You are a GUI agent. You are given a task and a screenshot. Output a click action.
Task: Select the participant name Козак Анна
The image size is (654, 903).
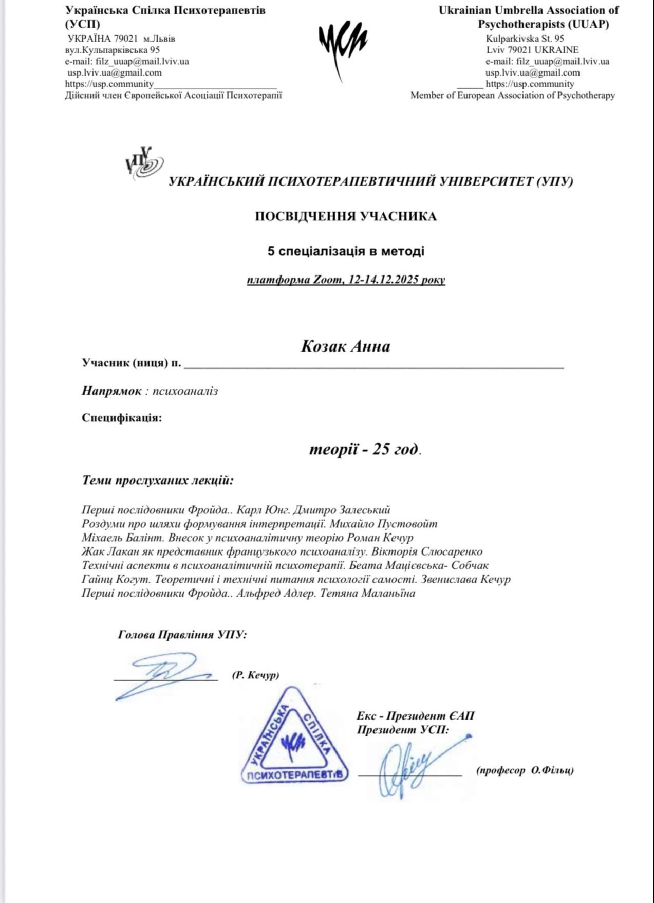(345, 346)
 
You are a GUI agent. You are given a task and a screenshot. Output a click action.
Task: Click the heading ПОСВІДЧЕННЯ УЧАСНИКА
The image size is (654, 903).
(346, 216)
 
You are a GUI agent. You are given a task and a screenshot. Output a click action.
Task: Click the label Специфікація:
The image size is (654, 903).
(122, 417)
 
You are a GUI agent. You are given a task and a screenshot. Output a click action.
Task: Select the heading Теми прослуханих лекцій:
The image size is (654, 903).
(158, 481)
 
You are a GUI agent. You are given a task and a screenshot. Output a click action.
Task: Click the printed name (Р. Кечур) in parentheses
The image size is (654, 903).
(255, 675)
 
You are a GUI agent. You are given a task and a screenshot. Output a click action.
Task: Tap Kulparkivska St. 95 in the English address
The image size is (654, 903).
(525, 39)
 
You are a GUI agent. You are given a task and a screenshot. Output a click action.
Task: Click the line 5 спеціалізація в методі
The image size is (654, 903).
(346, 251)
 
